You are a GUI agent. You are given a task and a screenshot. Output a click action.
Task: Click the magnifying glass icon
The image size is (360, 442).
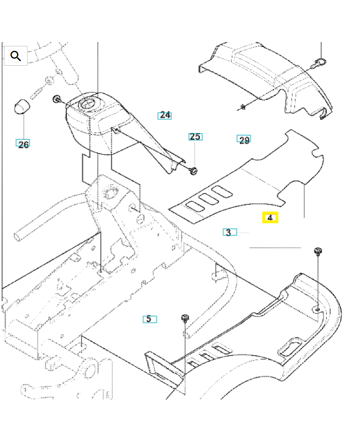coord(15,56)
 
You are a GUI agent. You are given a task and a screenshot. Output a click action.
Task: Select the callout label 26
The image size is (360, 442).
coord(23,144)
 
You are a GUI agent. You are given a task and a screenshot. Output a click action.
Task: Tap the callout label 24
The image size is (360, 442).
coord(165,115)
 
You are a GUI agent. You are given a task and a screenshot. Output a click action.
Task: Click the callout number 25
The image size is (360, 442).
coord(195,136)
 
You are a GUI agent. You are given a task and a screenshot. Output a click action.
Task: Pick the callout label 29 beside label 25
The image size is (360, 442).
coord(244,140)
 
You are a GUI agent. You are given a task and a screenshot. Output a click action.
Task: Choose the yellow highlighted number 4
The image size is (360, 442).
coord(270,218)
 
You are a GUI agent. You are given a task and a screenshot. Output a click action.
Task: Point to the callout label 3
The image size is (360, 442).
coord(229,232)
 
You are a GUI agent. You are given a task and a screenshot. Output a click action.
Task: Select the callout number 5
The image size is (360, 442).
coord(149,319)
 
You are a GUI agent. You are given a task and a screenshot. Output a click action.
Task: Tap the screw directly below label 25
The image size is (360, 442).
coord(193,170)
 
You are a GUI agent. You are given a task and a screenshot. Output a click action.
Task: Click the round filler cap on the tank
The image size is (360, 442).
coord(88,103)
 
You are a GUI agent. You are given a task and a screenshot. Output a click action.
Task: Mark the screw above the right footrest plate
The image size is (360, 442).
coord(317,252)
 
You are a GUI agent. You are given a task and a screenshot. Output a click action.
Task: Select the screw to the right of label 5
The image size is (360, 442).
coord(185,318)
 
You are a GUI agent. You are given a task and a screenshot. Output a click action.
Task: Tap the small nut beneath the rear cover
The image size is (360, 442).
coord(242,106)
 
